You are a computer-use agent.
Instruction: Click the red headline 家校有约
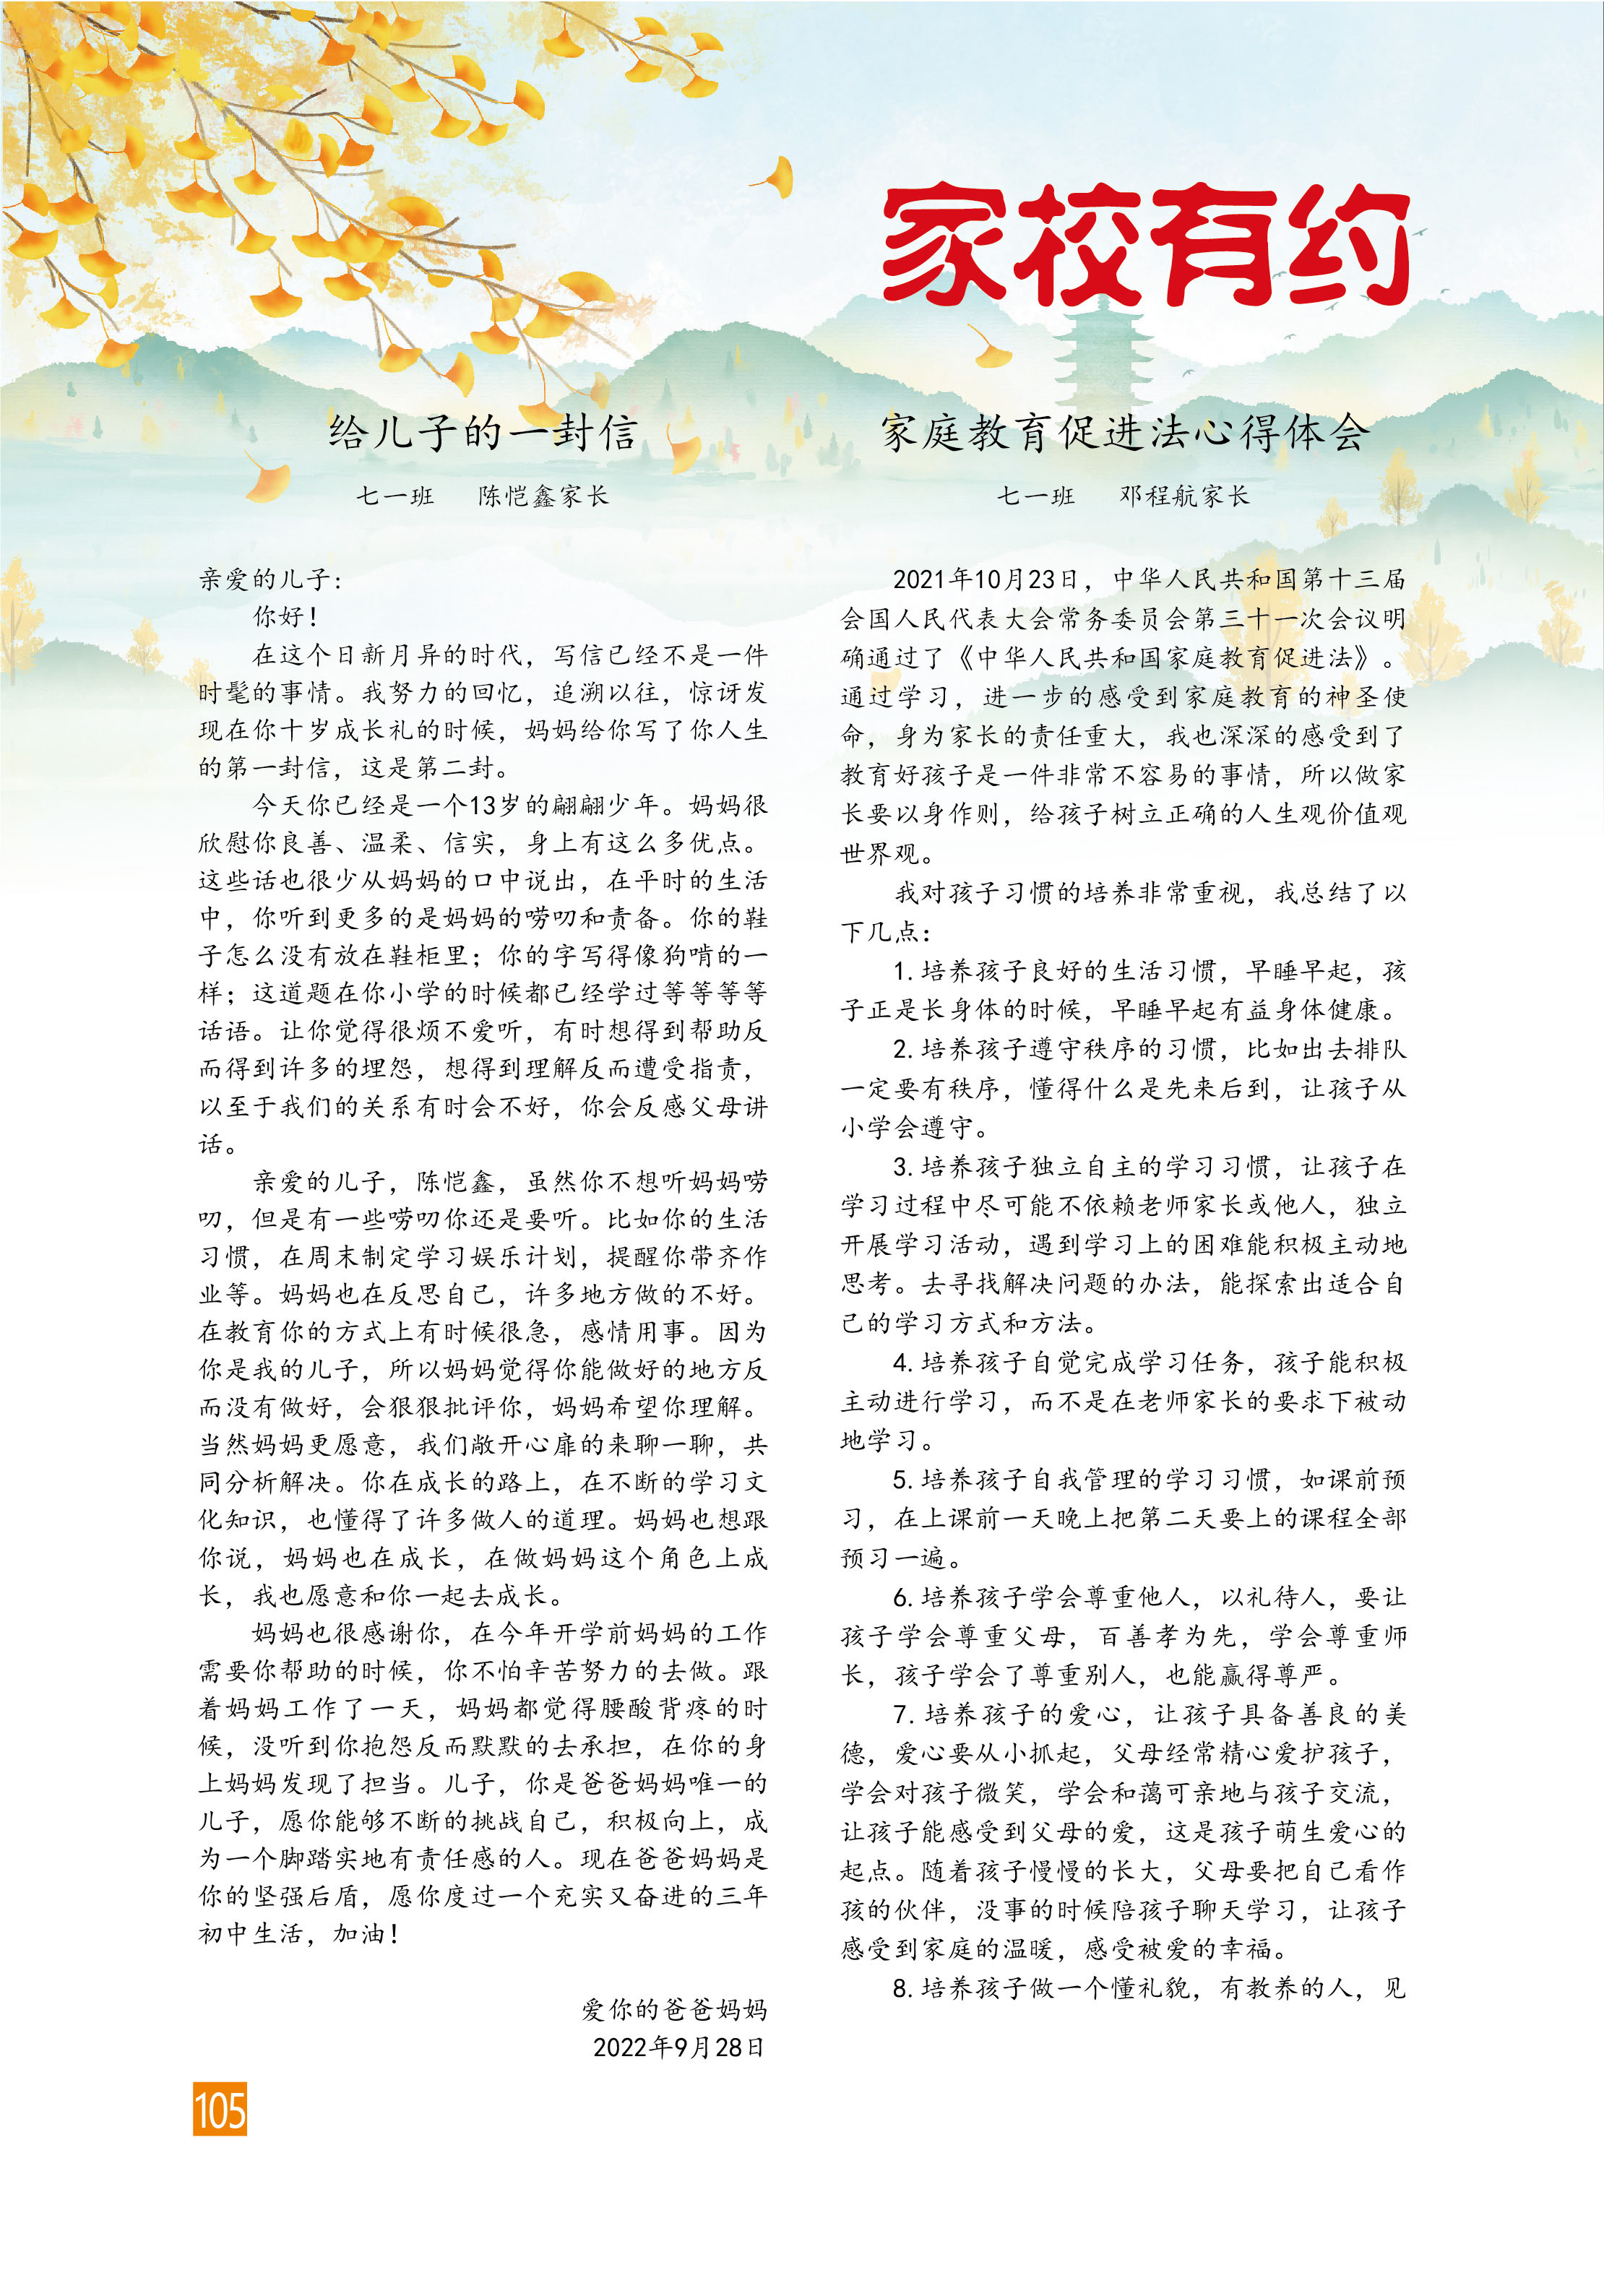(x=1145, y=244)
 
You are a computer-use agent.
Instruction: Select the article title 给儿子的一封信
(x=483, y=433)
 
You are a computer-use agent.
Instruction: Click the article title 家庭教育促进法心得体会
(x=1126, y=433)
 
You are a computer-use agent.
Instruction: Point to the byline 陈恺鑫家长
(x=543, y=496)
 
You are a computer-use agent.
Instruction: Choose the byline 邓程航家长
(x=1183, y=496)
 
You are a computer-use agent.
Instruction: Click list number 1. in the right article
(x=902, y=972)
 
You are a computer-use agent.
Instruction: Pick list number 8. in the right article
(x=902, y=1988)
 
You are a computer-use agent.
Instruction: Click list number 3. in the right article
(x=902, y=1168)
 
